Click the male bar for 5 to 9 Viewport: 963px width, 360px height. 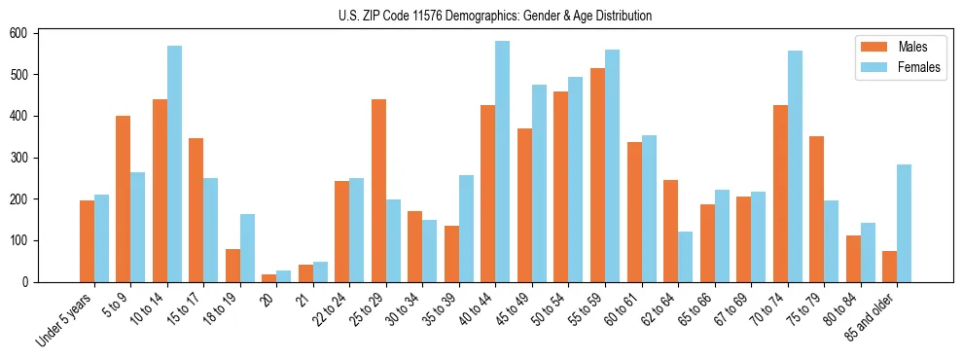click(124, 198)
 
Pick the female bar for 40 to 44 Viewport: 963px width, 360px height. click(503, 162)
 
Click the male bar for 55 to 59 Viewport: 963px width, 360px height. click(597, 175)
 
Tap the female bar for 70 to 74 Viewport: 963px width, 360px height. click(795, 166)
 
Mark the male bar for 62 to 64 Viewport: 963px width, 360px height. click(671, 231)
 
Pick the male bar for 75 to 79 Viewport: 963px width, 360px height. click(817, 209)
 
